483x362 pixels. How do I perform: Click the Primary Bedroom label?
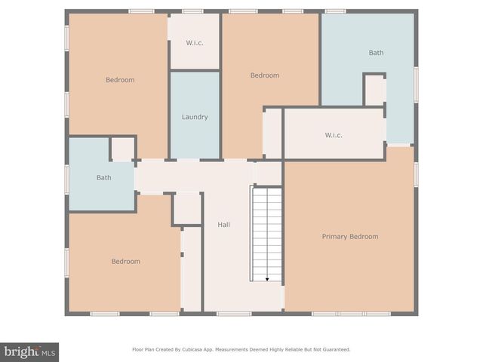pyautogui.click(x=349, y=237)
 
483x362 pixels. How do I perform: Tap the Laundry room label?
pyautogui.click(x=195, y=117)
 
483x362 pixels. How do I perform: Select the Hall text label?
pyautogui.click(x=224, y=225)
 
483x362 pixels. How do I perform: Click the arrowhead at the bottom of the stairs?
pyautogui.click(x=267, y=279)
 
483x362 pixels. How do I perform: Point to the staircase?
pyautogui.click(x=266, y=234)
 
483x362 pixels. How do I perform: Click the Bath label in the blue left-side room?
pyautogui.click(x=103, y=178)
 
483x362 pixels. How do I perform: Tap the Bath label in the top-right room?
pyautogui.click(x=376, y=53)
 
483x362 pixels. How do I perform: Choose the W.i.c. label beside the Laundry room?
pyautogui.click(x=194, y=42)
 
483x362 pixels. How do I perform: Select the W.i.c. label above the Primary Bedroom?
pyautogui.click(x=334, y=136)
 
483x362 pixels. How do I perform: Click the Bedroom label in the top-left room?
pyautogui.click(x=120, y=80)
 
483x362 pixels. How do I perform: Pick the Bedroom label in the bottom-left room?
pyautogui.click(x=126, y=262)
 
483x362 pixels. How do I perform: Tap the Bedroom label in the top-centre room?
pyautogui.click(x=265, y=75)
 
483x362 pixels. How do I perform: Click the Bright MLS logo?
pyautogui.click(x=29, y=351)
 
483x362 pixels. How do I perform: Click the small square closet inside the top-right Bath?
pyautogui.click(x=374, y=90)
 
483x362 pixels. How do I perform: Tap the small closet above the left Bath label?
pyautogui.click(x=123, y=149)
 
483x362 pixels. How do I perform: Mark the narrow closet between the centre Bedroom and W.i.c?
pyautogui.click(x=272, y=133)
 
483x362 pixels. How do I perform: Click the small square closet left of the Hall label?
pyautogui.click(x=187, y=208)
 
